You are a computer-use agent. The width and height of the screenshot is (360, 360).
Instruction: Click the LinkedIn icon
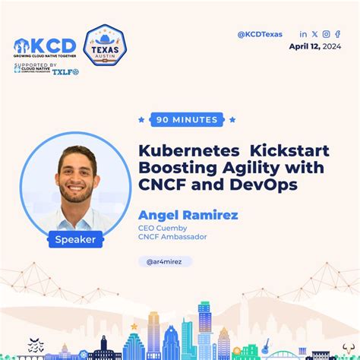point(304,33)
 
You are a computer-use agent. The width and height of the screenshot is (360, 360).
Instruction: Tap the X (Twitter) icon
point(314,33)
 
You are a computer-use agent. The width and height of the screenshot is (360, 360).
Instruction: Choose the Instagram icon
point(326,33)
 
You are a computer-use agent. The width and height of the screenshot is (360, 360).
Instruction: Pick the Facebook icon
point(337,33)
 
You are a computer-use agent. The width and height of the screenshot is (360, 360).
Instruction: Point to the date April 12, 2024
point(315,46)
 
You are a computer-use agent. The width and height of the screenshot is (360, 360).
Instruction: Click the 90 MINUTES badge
point(187,119)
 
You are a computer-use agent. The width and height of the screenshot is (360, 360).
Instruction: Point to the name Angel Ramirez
point(188,215)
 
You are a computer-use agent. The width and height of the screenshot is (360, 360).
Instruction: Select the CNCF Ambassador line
point(172,237)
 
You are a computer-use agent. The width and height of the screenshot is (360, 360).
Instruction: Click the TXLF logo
point(65,71)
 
